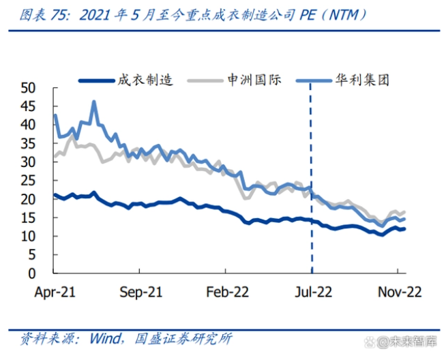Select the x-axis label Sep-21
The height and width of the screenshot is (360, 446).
(140, 291)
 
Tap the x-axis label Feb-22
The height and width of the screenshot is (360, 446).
(226, 291)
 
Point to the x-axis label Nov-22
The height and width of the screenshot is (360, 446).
(400, 291)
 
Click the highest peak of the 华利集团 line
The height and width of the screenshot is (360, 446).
(93, 102)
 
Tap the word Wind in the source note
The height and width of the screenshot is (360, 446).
(100, 338)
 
